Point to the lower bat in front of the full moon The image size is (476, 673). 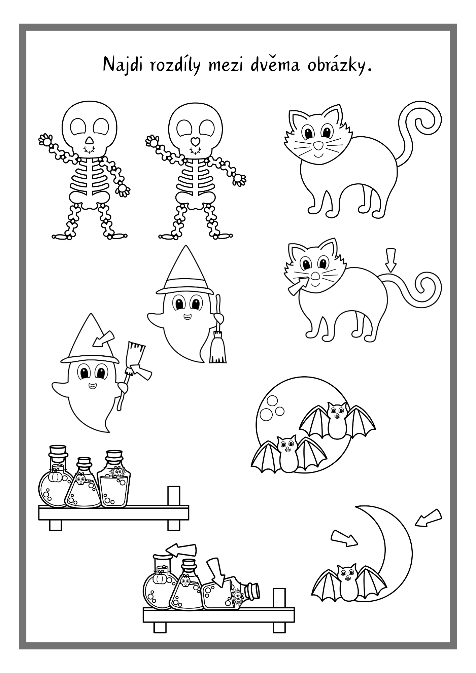click(289, 454)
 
